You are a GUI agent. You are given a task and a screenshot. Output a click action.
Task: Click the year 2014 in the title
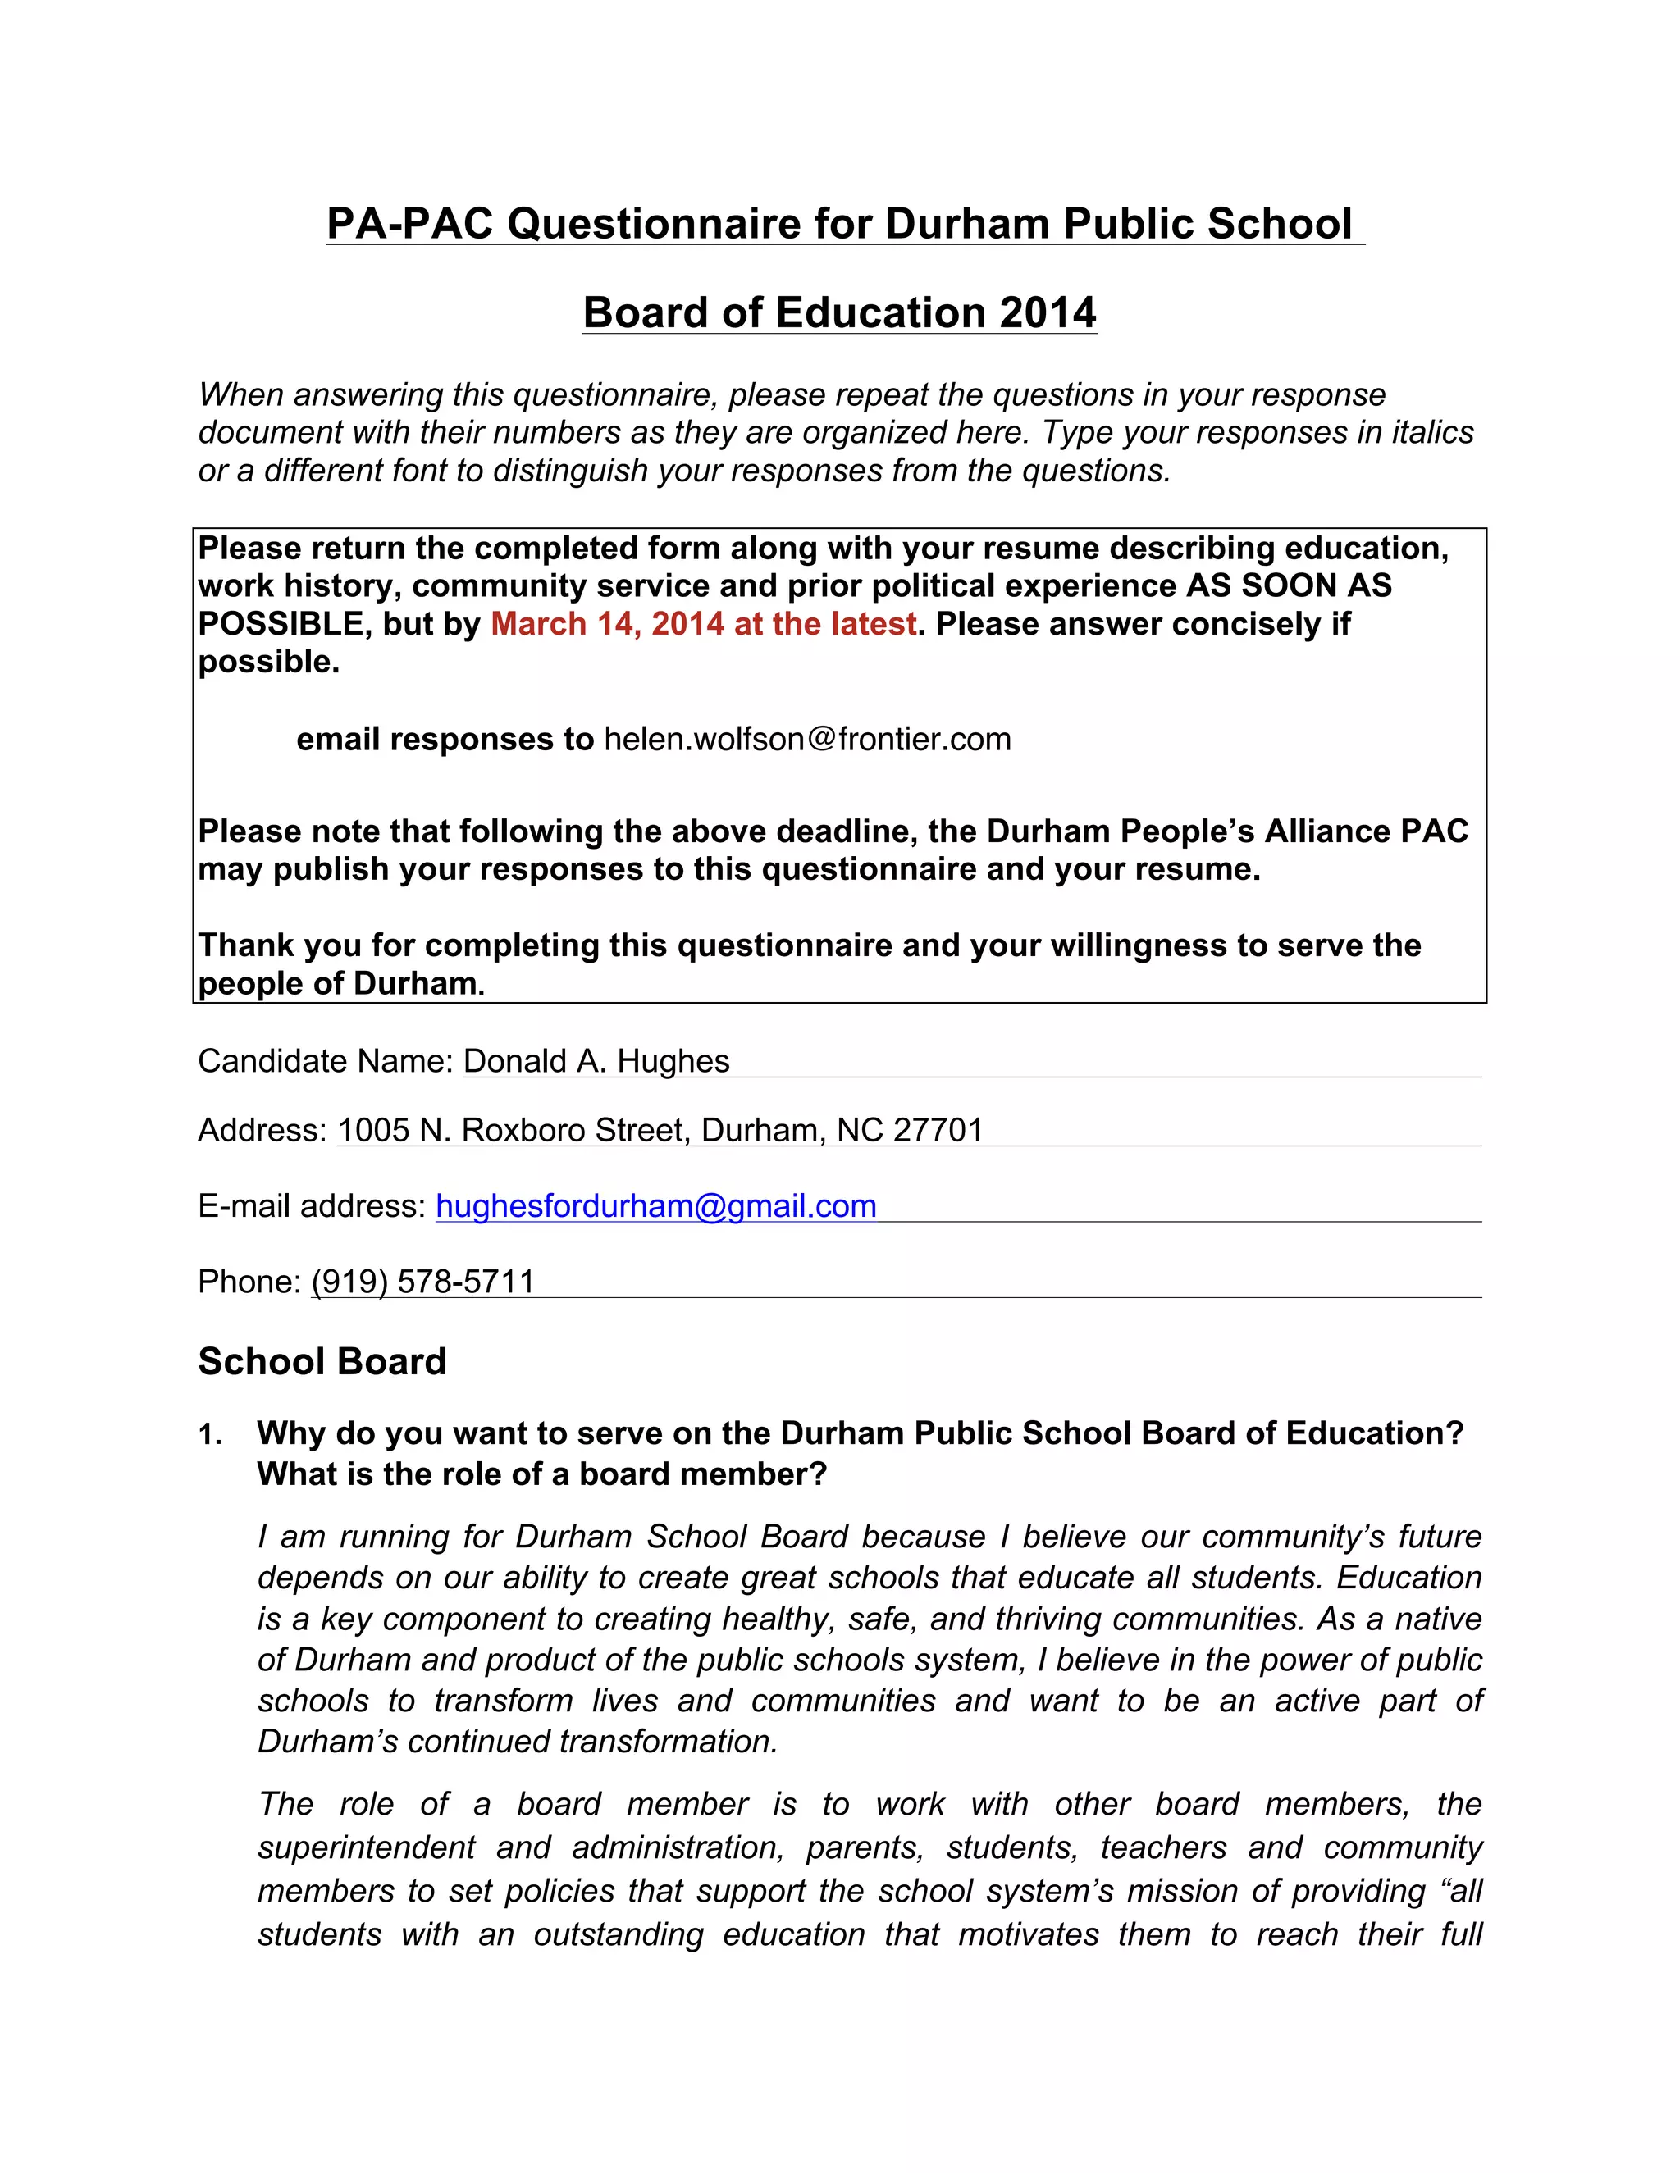[1047, 312]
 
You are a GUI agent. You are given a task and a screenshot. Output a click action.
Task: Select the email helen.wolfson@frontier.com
[807, 740]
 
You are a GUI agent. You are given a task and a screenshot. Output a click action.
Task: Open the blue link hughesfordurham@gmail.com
[656, 1206]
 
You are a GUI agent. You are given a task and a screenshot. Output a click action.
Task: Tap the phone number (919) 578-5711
[423, 1282]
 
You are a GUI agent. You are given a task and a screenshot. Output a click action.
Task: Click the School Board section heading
[322, 1361]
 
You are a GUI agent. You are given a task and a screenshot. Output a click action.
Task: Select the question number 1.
[209, 1435]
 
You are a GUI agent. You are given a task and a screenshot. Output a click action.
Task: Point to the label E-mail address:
[313, 1206]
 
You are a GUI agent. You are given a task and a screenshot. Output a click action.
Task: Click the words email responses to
[445, 740]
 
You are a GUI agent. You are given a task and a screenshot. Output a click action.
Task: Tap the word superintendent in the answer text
[366, 1847]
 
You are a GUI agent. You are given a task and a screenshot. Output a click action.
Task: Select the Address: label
[262, 1130]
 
